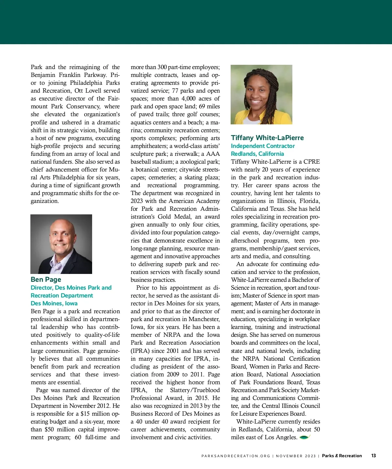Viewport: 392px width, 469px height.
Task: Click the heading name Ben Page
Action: point(46,280)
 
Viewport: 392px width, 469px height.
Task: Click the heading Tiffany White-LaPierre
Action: point(267,138)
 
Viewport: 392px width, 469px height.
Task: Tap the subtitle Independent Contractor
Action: point(263,146)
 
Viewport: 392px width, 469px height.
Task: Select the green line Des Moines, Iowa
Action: point(54,303)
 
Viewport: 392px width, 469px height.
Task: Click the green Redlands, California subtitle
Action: point(257,154)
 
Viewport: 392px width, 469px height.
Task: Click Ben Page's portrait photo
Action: point(61,244)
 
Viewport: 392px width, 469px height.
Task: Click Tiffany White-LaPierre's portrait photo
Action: point(261,94)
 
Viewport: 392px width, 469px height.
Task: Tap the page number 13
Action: point(373,456)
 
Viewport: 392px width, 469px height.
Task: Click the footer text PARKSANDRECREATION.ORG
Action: point(236,456)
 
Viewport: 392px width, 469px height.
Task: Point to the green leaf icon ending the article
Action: point(304,437)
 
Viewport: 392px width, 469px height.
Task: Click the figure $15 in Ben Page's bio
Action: point(85,414)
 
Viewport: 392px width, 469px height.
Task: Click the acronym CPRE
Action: point(312,162)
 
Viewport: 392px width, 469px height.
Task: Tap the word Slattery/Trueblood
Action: point(195,390)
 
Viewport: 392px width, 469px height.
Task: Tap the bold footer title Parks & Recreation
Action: point(342,456)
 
